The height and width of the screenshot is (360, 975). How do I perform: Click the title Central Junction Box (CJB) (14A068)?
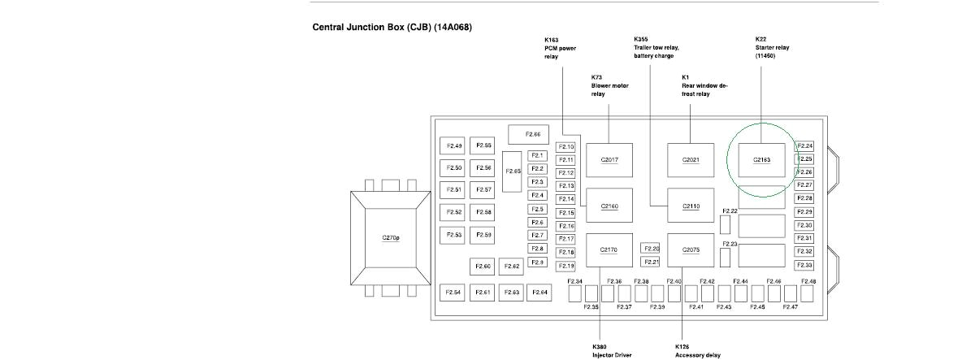392,28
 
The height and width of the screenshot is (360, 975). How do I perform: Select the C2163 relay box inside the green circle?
761,160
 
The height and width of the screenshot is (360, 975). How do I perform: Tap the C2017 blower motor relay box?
609,160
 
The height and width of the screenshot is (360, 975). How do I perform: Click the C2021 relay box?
691,160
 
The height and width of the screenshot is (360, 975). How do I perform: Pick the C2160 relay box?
609,206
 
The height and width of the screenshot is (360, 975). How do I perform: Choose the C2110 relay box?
691,206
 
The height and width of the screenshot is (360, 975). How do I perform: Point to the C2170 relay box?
609,249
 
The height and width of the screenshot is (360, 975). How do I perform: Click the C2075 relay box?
691,249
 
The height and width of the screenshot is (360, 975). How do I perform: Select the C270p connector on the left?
390,238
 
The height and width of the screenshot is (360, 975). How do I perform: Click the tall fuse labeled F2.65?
513,171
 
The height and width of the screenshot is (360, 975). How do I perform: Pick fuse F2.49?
454,146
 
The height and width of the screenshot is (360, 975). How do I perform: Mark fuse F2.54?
454,292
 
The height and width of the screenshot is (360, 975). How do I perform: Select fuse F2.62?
512,267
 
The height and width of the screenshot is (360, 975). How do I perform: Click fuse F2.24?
804,146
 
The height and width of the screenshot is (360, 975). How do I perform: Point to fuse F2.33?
804,265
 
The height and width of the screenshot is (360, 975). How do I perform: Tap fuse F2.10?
566,147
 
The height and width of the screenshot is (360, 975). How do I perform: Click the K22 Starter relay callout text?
772,48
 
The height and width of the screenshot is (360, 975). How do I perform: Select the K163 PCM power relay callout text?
561,48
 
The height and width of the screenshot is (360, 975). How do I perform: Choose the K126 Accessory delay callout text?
697,350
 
